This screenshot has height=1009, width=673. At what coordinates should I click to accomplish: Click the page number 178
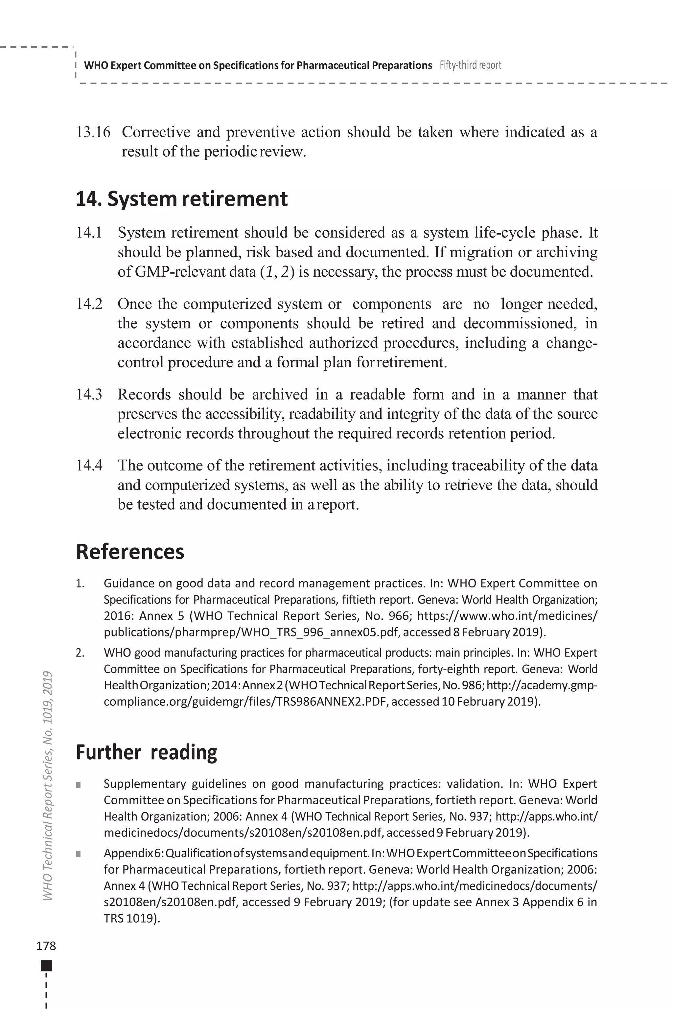point(46,946)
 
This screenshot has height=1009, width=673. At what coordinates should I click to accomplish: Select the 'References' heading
point(130,552)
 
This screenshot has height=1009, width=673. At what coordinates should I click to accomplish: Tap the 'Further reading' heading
point(146,752)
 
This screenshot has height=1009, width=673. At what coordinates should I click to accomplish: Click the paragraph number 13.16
point(93,132)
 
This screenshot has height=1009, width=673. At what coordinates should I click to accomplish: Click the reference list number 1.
point(80,583)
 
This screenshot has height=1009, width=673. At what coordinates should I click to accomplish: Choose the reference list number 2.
point(80,653)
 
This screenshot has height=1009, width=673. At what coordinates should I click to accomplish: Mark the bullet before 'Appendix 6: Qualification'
point(78,854)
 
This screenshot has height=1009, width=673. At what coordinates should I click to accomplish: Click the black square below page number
point(46,966)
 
